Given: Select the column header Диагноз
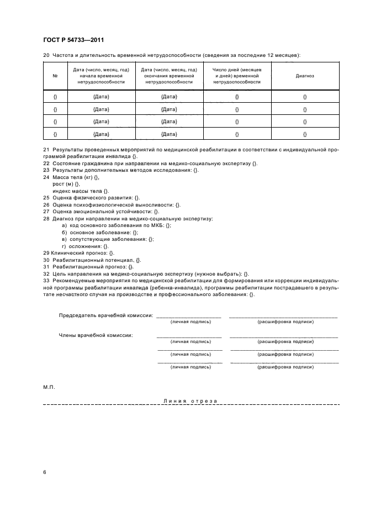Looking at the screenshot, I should point(305,76).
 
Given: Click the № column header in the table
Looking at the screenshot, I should point(55,76).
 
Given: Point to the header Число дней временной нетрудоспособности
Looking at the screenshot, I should point(237,76).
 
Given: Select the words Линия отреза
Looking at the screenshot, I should point(191,400).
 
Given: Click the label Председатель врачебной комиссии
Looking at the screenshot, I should point(105,315).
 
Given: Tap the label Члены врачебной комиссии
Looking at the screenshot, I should point(96,335).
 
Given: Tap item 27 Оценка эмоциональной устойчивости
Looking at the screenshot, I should point(101,212).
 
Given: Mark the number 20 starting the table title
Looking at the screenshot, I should point(46,55).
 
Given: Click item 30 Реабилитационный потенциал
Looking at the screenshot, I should point(92,260).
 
